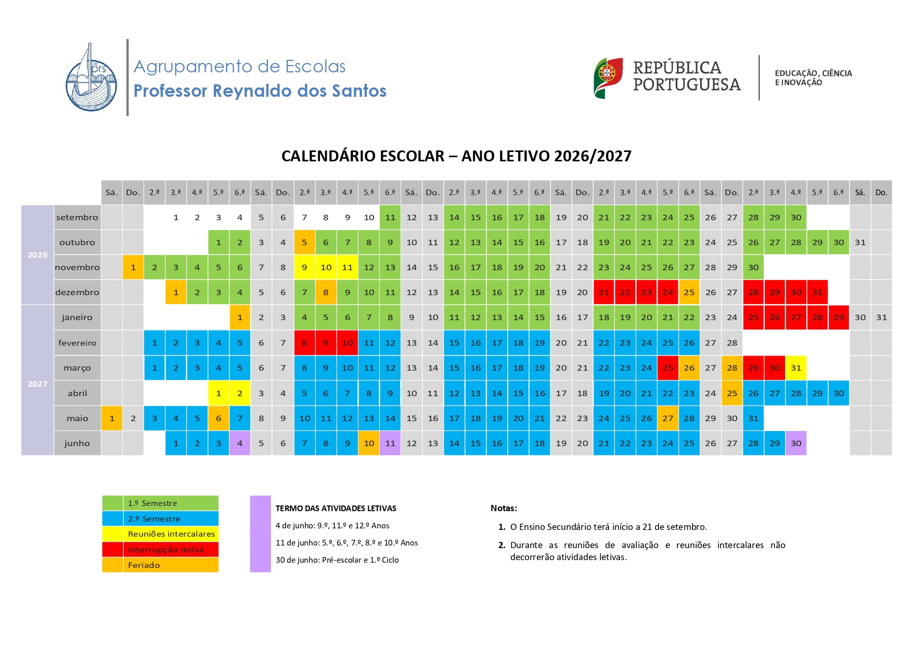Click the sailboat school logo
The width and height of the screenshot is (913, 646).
(x=92, y=77)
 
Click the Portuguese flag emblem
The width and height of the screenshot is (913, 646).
(x=608, y=78)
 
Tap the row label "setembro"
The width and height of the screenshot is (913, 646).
(x=77, y=217)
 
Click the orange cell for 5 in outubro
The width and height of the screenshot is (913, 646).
(x=304, y=242)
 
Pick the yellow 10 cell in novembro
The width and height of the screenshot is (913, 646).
(x=326, y=267)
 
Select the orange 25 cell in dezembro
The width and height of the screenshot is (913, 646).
(x=689, y=292)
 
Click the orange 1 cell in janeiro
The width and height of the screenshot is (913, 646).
(x=240, y=317)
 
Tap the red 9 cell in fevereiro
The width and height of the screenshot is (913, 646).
(x=326, y=343)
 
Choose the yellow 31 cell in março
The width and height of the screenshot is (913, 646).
(x=796, y=368)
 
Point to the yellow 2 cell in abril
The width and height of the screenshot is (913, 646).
(x=240, y=393)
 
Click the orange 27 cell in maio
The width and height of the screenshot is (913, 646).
(x=667, y=418)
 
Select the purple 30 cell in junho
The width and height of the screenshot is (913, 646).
(x=796, y=443)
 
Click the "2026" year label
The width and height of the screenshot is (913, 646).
(x=37, y=255)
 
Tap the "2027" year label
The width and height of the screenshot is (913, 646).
(x=37, y=384)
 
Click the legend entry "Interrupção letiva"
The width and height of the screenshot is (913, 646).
(x=165, y=549)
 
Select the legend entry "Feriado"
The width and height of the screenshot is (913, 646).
(x=144, y=565)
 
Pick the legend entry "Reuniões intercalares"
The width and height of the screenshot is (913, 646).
(x=171, y=534)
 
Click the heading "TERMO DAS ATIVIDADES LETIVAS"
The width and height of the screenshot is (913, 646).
(x=336, y=508)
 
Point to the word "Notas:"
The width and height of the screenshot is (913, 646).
(x=504, y=508)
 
